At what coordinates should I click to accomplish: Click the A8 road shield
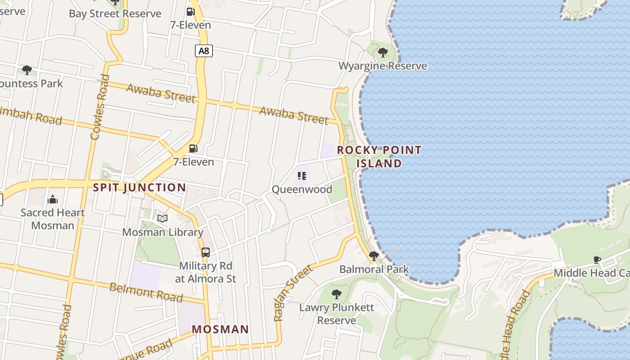204,51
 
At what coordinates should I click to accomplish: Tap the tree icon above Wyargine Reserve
383,53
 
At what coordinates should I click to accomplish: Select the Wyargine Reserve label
382,66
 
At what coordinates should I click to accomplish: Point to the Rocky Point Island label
379,157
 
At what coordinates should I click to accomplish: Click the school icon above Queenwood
302,176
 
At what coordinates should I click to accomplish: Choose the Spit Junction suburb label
139,188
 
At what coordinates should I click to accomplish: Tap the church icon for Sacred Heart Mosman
53,199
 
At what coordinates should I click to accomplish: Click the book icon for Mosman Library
162,219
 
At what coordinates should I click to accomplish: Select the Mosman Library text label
163,232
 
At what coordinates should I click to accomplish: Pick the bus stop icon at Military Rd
206,252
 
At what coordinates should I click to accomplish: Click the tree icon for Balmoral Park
373,256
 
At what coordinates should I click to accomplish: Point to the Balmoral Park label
374,270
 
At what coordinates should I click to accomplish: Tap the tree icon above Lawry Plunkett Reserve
336,295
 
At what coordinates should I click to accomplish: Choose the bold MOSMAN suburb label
220,329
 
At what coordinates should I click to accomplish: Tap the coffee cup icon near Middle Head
597,260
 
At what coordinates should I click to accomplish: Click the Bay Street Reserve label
115,13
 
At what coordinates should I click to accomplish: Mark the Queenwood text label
302,189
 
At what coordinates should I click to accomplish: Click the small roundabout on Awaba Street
234,106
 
